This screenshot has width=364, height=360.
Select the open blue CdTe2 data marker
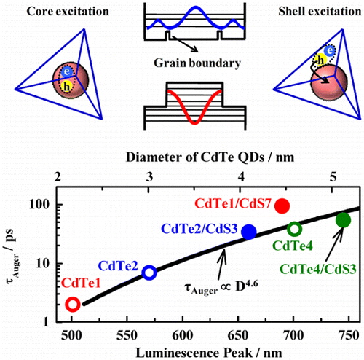tap(149, 273)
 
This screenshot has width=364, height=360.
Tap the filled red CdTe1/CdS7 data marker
tap(283, 206)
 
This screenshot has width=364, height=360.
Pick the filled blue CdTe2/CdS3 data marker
tap(249, 232)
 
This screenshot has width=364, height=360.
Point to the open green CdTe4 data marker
tap(295, 230)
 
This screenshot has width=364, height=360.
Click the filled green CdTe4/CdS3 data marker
tap(344, 220)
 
